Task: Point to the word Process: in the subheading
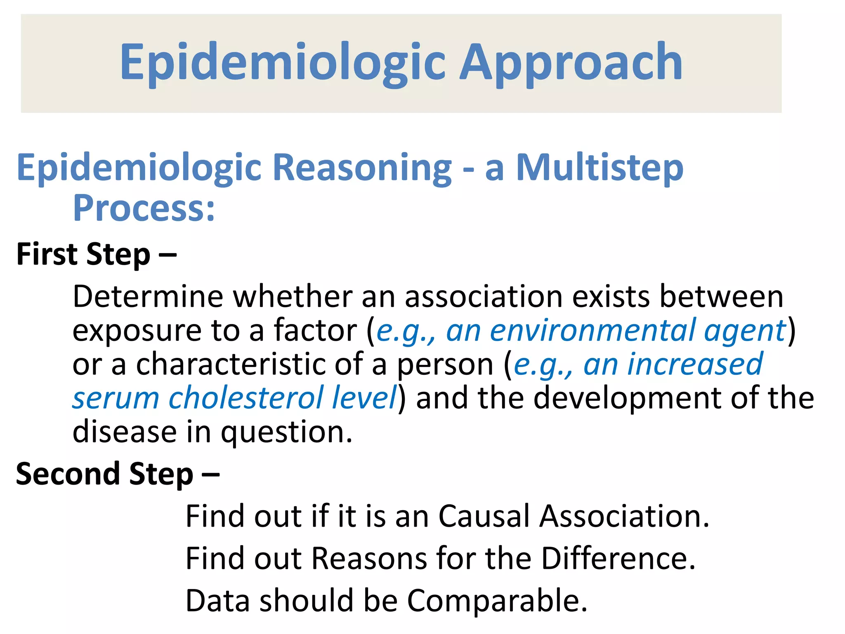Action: click(144, 208)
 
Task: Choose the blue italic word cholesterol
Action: click(246, 398)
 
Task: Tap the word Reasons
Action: click(369, 558)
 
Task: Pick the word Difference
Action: click(618, 558)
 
